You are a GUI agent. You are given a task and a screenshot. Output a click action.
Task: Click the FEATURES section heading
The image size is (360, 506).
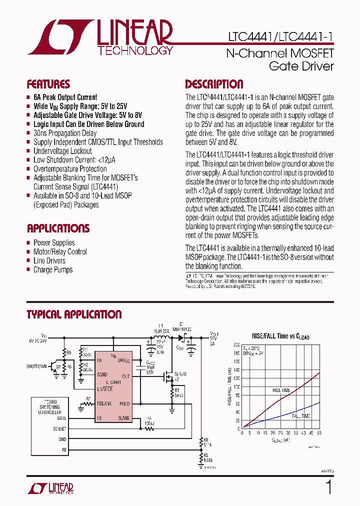[48, 84]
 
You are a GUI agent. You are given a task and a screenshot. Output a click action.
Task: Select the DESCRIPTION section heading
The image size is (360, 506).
[214, 84]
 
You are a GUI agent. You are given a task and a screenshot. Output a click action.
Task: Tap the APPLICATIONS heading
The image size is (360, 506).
[58, 228]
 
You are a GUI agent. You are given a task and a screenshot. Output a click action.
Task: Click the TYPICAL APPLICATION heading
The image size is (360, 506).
[74, 314]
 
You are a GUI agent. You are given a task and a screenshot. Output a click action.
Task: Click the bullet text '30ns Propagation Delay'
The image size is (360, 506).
[65, 133]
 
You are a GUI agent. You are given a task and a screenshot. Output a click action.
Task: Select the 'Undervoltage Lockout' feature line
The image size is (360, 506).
[62, 151]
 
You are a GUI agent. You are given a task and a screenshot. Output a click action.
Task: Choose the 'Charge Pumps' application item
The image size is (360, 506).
[53, 269]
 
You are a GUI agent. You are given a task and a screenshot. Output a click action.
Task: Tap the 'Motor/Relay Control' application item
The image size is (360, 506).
[60, 251]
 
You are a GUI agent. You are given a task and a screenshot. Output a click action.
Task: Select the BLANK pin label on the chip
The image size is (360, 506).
[123, 417]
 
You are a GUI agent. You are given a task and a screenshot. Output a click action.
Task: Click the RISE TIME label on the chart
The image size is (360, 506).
[282, 390]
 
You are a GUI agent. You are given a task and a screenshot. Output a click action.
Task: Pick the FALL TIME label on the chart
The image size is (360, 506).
[301, 416]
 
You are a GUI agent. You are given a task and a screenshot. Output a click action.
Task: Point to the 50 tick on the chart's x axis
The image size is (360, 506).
[319, 433]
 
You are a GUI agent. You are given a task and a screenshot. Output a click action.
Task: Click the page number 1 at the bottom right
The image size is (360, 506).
[328, 487]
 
